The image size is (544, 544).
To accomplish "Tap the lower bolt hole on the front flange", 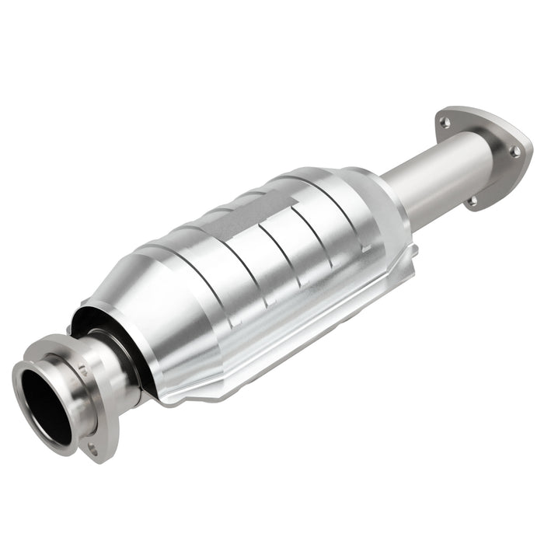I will (92, 448).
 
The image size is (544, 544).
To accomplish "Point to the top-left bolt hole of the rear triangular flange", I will (444, 121).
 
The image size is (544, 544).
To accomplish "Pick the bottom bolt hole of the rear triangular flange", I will (472, 201).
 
